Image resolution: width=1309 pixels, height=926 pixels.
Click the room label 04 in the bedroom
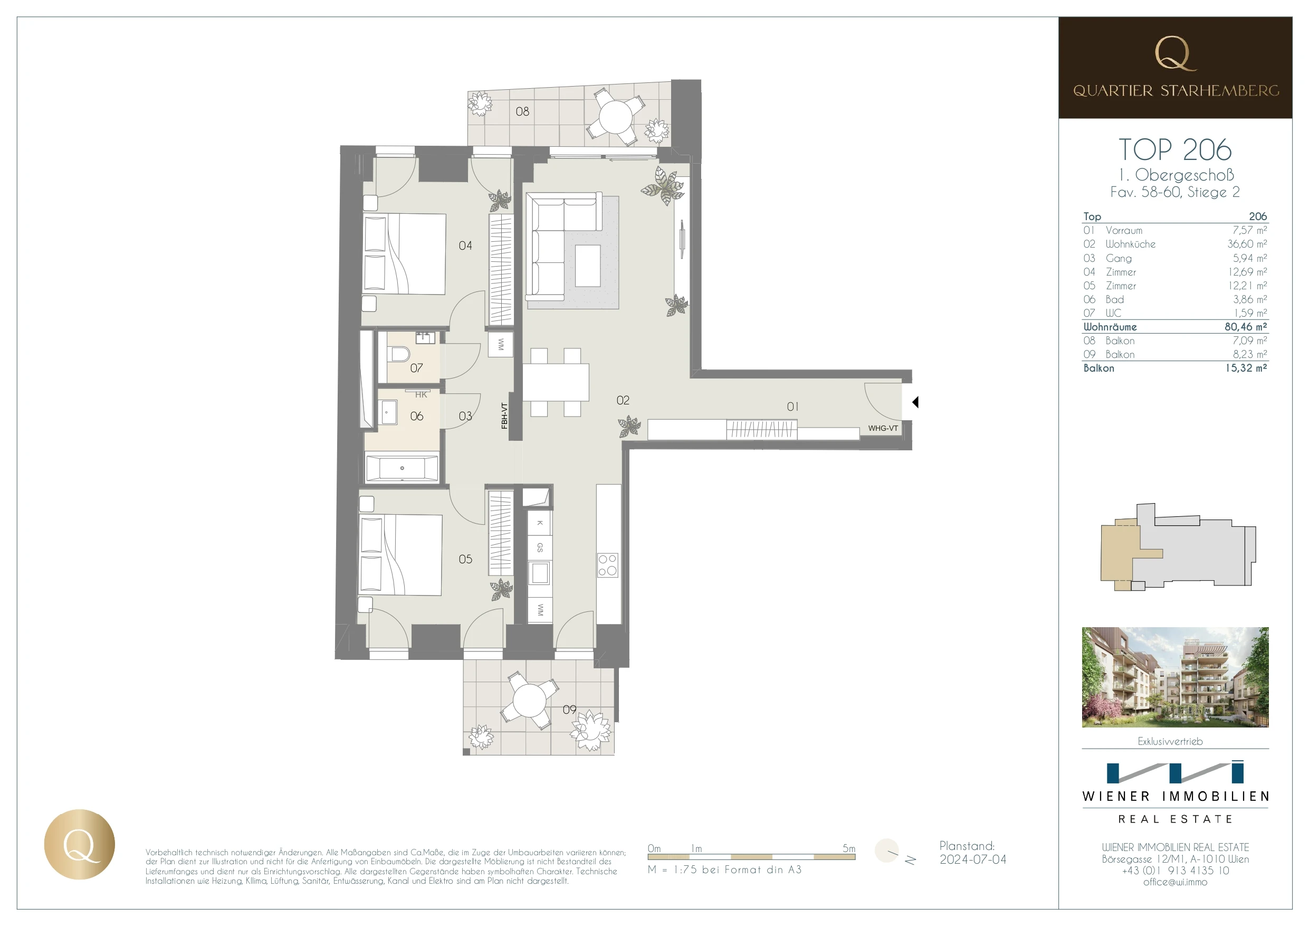pos(465,246)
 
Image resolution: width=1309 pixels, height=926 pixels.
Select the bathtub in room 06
pos(402,468)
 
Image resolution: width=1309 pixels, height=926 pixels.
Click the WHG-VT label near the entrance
pos(883,429)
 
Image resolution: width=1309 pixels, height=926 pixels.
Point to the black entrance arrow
pos(915,402)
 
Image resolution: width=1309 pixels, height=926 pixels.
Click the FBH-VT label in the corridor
pos(504,415)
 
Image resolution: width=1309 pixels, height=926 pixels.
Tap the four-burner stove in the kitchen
pos(608,565)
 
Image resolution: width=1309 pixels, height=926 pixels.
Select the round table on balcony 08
pos(615,117)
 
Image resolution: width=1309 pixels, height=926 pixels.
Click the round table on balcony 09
pos(529,700)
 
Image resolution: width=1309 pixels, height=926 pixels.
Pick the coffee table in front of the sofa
pos(588,266)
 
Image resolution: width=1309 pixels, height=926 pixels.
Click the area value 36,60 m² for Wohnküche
pos(1247,244)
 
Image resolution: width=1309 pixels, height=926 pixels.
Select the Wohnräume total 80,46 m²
pos(1246,327)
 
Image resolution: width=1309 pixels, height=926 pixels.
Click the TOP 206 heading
pos(1175,149)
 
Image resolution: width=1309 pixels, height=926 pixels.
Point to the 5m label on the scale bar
pos(849,848)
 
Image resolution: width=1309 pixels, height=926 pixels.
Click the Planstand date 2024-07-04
pos(973,859)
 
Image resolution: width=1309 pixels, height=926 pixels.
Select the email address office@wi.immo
pos(1175,882)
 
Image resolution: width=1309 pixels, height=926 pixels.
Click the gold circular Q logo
pos(79,844)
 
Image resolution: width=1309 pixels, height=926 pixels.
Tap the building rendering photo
pos(1175,677)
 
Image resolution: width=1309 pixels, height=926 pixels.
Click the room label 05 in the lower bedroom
pos(465,559)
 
